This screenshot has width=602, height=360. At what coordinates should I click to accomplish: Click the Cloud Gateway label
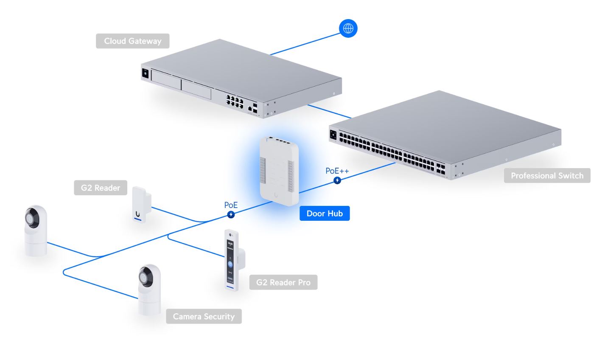click(132, 41)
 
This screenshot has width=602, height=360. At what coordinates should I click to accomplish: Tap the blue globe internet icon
click(348, 28)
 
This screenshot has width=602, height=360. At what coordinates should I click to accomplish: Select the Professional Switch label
click(547, 176)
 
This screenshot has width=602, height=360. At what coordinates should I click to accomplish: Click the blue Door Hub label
click(325, 214)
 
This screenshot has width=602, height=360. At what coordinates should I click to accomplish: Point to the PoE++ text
click(337, 171)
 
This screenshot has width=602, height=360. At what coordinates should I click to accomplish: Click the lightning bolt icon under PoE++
click(337, 180)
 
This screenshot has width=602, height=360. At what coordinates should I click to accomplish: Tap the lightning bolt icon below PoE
click(231, 215)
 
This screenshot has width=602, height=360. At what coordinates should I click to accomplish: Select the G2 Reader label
click(101, 188)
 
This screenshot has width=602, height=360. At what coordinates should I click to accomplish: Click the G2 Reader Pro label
click(283, 282)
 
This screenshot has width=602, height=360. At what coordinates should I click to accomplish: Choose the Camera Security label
click(204, 316)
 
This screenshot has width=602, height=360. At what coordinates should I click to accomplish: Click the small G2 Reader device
click(140, 205)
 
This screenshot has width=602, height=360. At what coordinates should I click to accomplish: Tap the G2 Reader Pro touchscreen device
click(232, 261)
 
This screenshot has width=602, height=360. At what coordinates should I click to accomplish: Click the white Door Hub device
click(279, 170)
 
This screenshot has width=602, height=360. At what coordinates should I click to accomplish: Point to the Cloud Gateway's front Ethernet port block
click(235, 101)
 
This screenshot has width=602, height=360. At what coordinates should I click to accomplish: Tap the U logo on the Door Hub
click(276, 196)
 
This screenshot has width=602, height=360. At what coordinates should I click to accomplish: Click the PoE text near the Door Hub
click(231, 205)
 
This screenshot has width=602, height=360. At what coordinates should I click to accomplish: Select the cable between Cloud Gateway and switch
click(329, 111)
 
